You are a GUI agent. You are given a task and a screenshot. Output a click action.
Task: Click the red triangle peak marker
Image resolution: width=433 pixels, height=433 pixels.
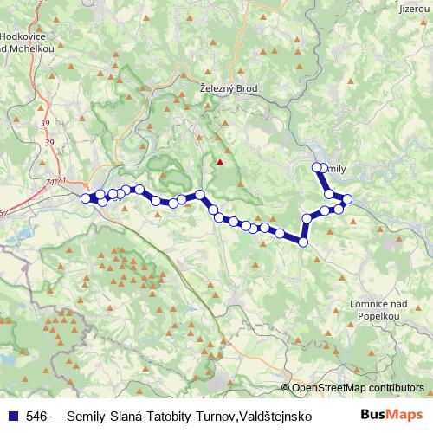[x=221, y=160]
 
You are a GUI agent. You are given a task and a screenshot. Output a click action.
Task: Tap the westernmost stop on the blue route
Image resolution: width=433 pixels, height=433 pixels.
[x=86, y=198]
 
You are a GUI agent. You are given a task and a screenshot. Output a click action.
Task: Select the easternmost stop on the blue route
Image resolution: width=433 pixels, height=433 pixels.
[x=347, y=200]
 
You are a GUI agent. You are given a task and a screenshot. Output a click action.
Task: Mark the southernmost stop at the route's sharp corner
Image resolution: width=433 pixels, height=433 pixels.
[x=303, y=242]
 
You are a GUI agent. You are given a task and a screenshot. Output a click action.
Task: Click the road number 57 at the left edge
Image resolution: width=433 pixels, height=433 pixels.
[x=3, y=211]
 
